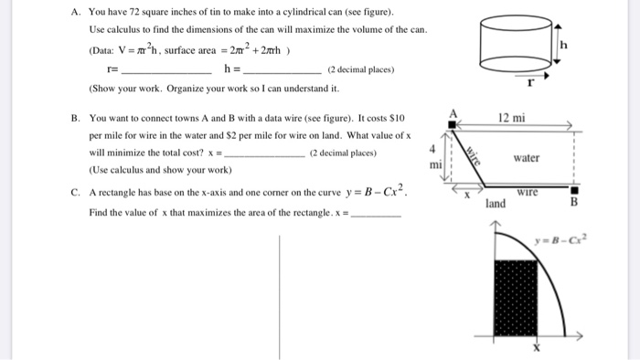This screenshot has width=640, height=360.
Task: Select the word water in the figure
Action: click(x=526, y=158)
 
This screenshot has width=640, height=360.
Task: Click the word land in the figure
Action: click(x=496, y=203)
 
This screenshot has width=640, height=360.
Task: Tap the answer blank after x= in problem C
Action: click(x=376, y=214)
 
